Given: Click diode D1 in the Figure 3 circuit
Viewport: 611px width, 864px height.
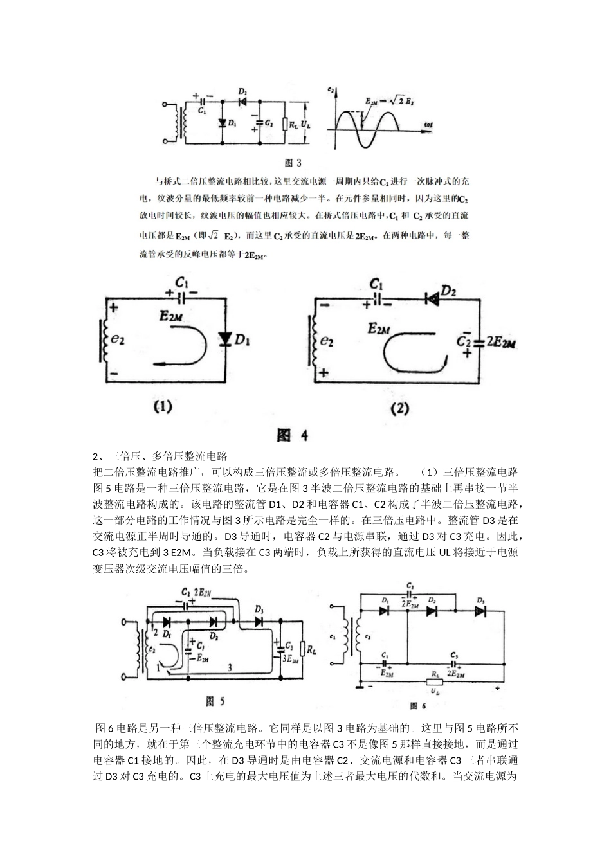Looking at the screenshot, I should [222, 122].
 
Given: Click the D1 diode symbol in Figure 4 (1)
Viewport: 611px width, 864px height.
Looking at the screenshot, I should [224, 338].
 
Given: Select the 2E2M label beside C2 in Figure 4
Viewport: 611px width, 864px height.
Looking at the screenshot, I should [502, 341].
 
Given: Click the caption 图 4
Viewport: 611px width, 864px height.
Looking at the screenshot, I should [293, 436].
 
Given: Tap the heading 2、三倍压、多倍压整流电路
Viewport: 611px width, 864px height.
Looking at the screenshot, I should [161, 456].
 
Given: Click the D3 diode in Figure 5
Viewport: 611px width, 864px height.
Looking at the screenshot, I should [259, 622].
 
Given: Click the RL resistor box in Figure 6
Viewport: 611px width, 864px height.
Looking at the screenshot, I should [435, 683].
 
